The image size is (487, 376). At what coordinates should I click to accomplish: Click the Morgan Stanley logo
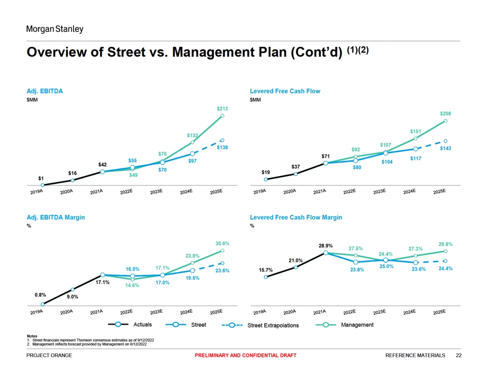pyautogui.click(x=54, y=29)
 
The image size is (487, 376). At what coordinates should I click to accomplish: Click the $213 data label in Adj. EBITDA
pyautogui.click(x=222, y=109)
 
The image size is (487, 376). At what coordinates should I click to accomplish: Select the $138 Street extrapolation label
pyautogui.click(x=223, y=147)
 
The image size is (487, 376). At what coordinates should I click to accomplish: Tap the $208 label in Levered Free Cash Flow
pyautogui.click(x=445, y=113)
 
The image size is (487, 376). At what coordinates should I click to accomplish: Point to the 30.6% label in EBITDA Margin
pyautogui.click(x=222, y=243)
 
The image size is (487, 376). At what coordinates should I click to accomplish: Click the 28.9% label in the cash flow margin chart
pyautogui.click(x=326, y=246)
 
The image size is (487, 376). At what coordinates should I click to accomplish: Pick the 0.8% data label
pyautogui.click(x=40, y=294)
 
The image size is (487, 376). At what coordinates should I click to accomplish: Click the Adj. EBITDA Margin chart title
pyautogui.click(x=55, y=217)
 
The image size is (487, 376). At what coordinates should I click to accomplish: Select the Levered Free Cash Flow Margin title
pyautogui.click(x=296, y=217)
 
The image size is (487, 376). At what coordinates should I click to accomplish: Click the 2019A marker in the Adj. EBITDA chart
pyautogui.click(x=42, y=185)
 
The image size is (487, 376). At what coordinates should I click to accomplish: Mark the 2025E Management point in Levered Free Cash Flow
pyautogui.click(x=445, y=121)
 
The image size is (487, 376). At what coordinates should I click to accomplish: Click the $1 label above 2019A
pyautogui.click(x=41, y=178)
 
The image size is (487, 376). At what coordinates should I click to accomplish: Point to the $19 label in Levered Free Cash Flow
pyautogui.click(x=266, y=172)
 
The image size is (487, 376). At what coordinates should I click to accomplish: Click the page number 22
pyautogui.click(x=458, y=355)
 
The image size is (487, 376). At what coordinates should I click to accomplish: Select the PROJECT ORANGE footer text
pyautogui.click(x=49, y=355)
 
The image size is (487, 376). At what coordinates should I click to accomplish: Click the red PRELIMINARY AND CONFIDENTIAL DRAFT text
pyautogui.click(x=245, y=355)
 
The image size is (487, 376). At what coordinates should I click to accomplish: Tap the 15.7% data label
pyautogui.click(x=265, y=270)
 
